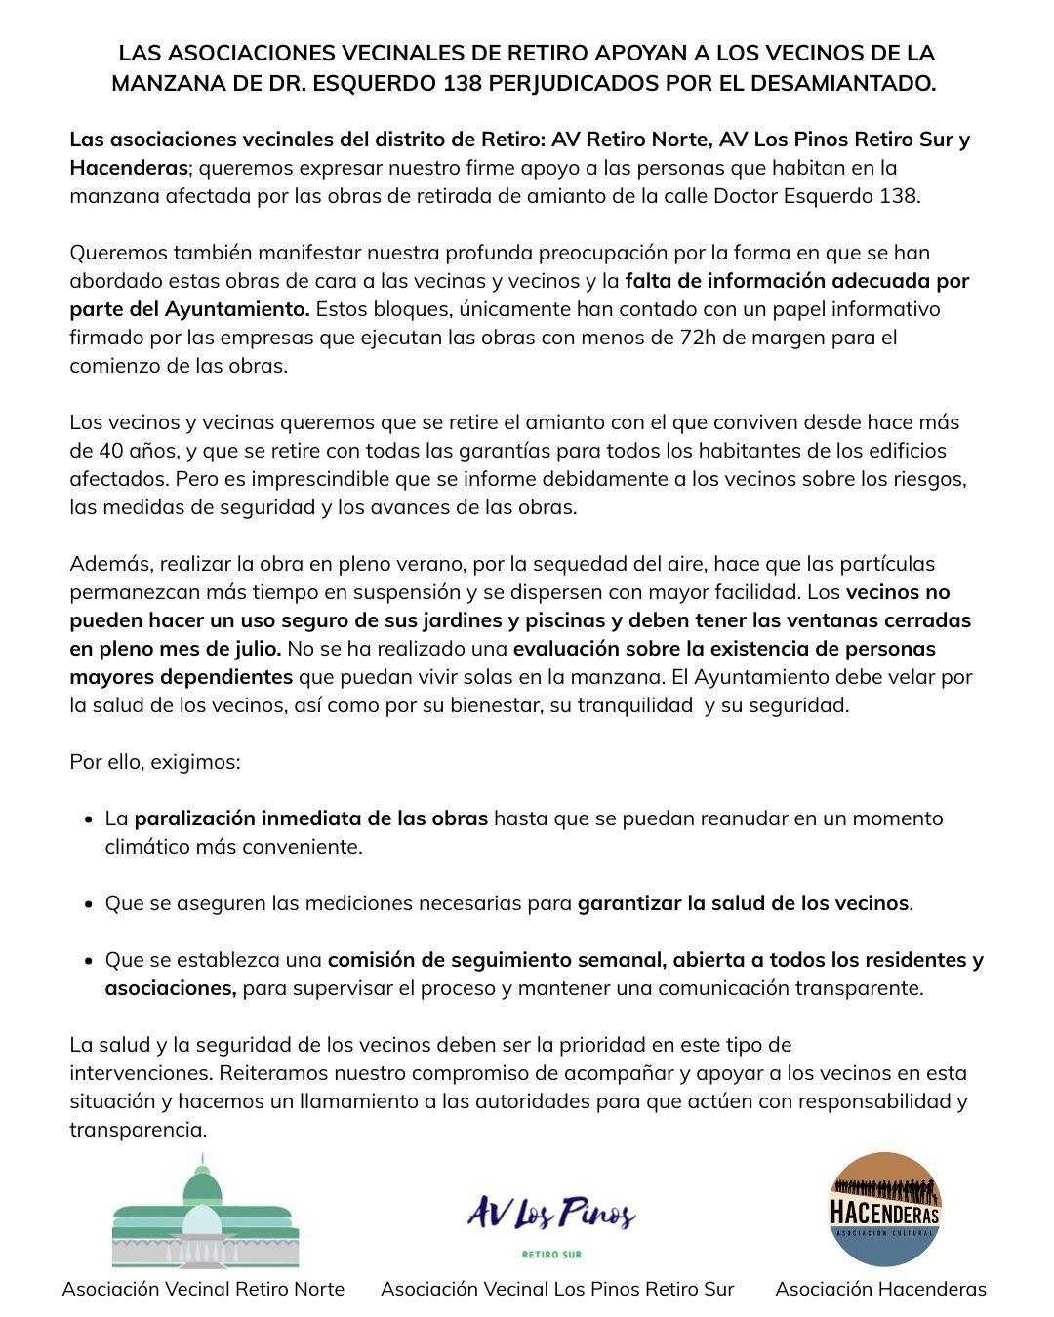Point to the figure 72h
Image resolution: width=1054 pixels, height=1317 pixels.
coord(697,338)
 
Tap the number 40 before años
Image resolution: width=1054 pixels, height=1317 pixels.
coord(111,451)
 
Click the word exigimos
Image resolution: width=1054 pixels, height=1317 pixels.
coord(194,762)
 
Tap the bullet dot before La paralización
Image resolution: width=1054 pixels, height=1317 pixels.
coord(89,819)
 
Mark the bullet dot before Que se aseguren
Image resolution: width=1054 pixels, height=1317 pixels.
coord(89,904)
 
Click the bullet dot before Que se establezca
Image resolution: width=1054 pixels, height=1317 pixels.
coord(89,961)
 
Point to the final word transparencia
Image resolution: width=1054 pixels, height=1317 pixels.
coord(137,1130)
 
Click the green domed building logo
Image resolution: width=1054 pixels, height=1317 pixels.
coord(205,1212)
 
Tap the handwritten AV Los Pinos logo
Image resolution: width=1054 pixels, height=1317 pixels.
coord(551,1213)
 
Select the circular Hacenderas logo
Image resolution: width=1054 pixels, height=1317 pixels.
coord(884,1210)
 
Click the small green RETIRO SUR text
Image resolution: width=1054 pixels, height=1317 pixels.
coord(551,1255)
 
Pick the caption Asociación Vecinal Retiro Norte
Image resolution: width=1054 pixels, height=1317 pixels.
coord(203,1289)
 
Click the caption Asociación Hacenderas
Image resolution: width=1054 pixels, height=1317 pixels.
coord(880,1289)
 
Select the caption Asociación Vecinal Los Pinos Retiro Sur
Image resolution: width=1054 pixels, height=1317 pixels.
coord(557,1289)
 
